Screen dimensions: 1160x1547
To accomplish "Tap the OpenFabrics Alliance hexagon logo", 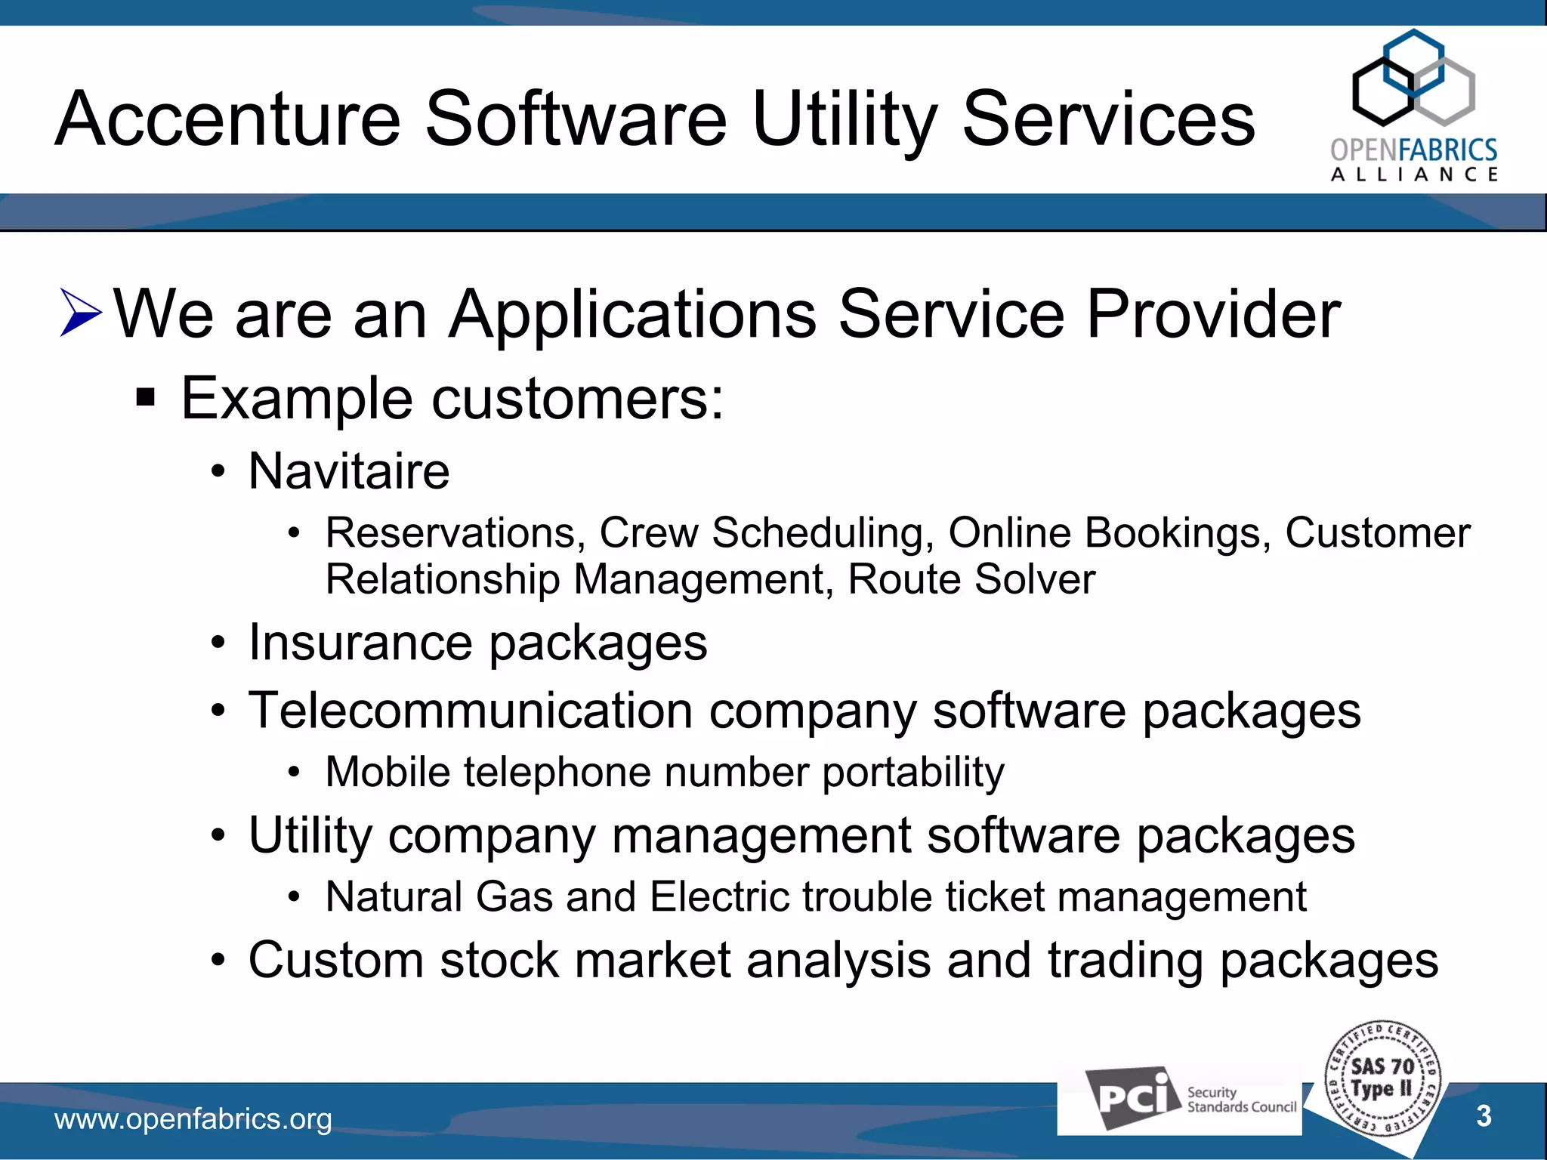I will [x=1413, y=79].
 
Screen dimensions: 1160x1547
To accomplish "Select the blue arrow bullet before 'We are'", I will [x=80, y=313].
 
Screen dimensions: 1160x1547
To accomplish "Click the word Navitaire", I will [x=349, y=471].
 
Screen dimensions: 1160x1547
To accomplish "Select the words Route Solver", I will [x=971, y=580].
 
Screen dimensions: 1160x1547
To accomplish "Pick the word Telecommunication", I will [x=471, y=711].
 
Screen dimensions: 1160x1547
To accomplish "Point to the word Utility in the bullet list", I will [x=310, y=836].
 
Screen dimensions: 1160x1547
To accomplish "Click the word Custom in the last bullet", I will [x=335, y=961].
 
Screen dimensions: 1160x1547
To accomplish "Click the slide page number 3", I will [x=1484, y=1116].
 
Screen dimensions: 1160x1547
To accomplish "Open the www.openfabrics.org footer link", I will [x=193, y=1119].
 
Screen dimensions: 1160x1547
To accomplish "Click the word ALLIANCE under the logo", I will [x=1414, y=175].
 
